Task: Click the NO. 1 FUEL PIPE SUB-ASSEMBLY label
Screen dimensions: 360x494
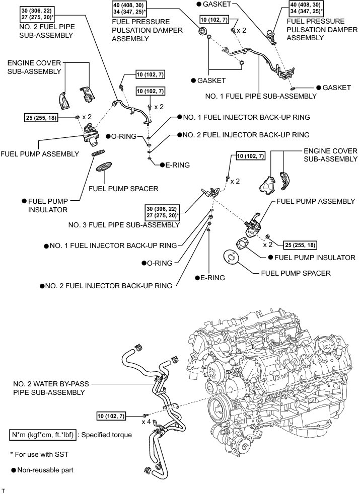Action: coord(261,96)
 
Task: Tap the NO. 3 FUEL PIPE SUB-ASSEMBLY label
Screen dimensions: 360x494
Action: coord(124,225)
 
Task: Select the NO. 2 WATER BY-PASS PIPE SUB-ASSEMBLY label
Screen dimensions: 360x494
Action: coord(51,388)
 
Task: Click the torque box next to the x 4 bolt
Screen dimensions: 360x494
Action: coord(111,416)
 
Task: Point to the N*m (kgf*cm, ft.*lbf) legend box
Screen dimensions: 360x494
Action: coord(43,435)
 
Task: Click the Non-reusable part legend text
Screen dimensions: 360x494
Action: coord(45,470)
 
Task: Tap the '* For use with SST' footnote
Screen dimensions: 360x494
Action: coord(39,454)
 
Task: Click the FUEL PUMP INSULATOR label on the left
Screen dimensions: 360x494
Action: coord(48,205)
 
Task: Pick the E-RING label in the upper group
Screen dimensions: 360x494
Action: coord(177,165)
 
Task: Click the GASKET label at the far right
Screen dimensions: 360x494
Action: coord(337,87)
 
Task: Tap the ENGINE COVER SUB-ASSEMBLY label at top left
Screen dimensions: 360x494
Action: coord(34,67)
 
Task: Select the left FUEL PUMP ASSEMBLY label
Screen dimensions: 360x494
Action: coord(40,154)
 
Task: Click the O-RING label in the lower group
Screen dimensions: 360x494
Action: coord(160,263)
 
